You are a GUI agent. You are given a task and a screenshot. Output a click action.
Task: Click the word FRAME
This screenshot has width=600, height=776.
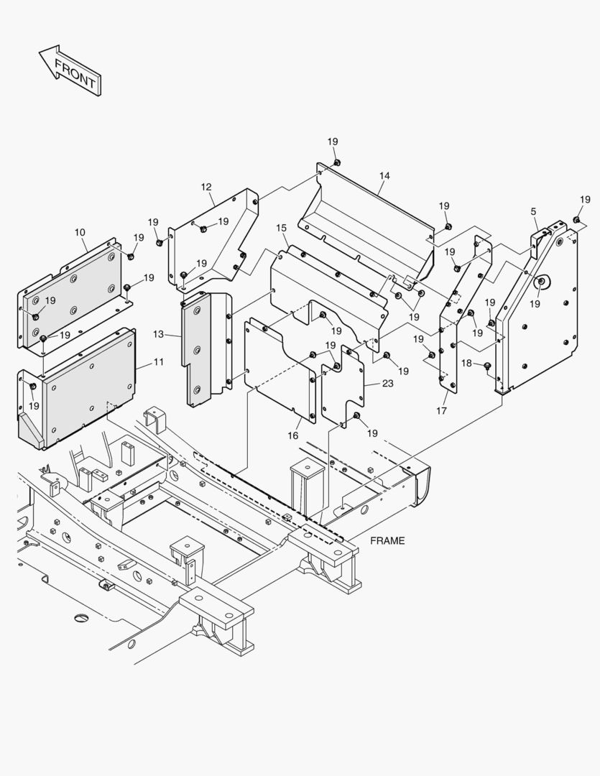(387, 540)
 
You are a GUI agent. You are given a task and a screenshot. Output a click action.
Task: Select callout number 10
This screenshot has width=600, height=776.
(80, 232)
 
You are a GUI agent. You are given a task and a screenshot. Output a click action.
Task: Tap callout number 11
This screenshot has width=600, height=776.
(158, 362)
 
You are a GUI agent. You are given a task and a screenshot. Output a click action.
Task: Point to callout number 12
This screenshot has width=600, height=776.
(206, 188)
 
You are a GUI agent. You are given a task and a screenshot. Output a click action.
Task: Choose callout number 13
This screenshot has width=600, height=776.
(158, 334)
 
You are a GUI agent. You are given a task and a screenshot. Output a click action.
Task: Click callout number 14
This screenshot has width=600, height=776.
(384, 175)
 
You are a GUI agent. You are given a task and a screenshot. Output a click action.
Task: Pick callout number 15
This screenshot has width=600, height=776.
(281, 228)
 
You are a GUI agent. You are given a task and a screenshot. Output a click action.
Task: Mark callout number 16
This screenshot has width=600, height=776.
(293, 436)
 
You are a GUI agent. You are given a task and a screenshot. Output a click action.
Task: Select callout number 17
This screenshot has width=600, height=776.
(441, 410)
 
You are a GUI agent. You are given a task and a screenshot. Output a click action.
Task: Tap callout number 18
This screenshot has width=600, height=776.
(466, 364)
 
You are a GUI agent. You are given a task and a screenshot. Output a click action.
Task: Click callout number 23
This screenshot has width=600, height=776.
(387, 384)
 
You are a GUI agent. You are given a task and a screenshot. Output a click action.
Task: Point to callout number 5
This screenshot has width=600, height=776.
(533, 211)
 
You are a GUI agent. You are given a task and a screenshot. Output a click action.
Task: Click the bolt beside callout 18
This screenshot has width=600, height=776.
(488, 367)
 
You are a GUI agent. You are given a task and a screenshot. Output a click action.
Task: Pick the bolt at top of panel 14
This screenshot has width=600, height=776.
(336, 163)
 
